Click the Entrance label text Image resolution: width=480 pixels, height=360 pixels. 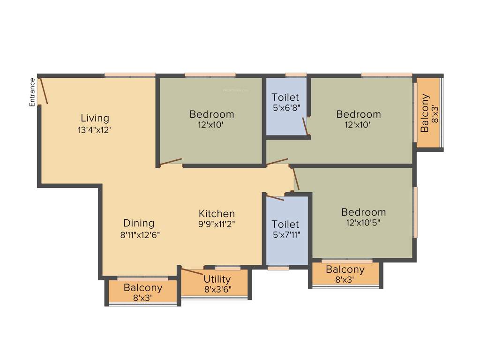[x=32, y=92]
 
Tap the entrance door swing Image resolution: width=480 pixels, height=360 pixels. [x=44, y=90]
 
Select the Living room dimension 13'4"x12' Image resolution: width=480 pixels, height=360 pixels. [x=94, y=130]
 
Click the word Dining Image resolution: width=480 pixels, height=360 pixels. [x=139, y=223]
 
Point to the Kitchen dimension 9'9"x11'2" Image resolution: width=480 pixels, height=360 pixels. [x=216, y=224]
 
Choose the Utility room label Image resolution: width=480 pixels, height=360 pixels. [x=217, y=279]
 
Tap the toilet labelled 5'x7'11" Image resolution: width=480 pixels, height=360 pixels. [x=285, y=229]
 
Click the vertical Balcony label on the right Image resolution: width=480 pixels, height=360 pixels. [x=425, y=113]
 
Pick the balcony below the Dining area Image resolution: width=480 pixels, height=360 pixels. [x=143, y=292]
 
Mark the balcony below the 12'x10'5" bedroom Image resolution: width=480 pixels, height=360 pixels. [x=345, y=274]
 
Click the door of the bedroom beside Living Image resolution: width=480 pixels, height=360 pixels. [x=170, y=162]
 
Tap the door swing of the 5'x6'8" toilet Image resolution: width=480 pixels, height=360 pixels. [x=305, y=127]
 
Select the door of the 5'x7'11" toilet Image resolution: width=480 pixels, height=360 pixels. [x=275, y=197]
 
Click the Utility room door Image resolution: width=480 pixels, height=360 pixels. [x=192, y=271]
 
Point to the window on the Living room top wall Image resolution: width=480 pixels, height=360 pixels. [x=130, y=75]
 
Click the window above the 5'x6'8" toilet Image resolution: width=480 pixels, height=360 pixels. [x=296, y=75]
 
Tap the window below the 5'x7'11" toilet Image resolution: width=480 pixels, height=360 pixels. [x=278, y=268]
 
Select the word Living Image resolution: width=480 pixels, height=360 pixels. [x=95, y=118]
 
